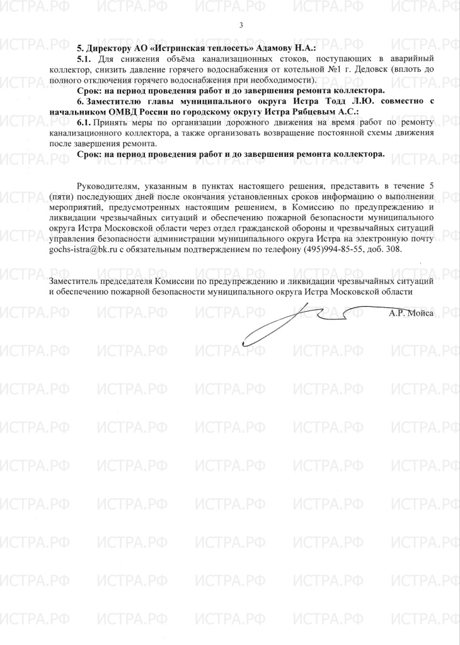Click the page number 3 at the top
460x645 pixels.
241,25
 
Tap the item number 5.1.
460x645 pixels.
85,58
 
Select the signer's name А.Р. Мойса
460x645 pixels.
411,312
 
